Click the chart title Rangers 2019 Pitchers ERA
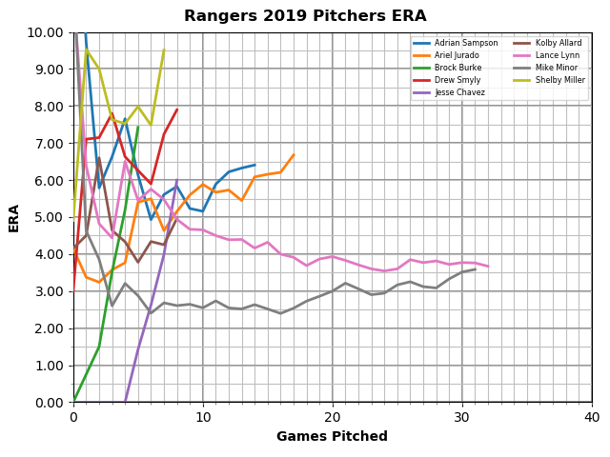pos(305,16)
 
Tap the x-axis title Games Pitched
pos(332,437)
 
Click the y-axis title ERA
pos(14,217)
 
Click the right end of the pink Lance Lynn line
pos(488,267)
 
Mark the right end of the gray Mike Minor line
pos(475,268)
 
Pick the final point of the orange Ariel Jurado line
pos(294,154)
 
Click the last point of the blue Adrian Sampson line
pos(254,165)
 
